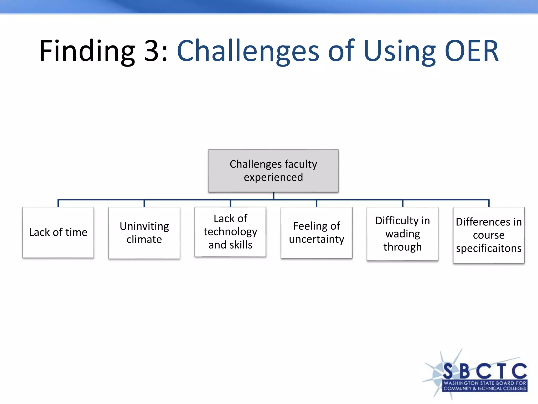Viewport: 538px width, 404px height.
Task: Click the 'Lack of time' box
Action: click(58, 233)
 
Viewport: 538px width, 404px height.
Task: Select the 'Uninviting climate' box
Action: click(144, 233)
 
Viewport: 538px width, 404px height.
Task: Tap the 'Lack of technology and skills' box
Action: click(230, 232)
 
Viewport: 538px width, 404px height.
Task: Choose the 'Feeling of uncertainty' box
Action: click(317, 233)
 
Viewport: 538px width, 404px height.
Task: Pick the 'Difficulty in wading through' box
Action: click(402, 234)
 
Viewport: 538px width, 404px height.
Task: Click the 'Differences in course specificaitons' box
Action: click(489, 235)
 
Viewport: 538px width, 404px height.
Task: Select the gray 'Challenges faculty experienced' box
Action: click(273, 171)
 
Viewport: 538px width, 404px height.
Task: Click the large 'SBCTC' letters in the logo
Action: click(485, 371)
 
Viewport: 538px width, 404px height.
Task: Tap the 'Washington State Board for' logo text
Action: click(485, 383)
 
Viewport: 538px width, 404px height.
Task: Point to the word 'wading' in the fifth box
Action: click(402, 234)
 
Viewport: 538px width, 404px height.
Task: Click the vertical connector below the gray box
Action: click(273, 196)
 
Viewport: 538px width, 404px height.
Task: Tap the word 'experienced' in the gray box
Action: click(273, 177)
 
